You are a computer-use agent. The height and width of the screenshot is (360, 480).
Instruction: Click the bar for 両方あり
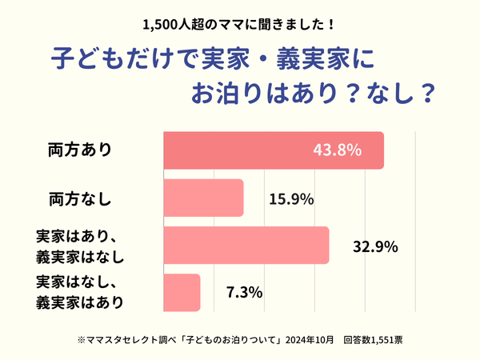[x=272, y=150]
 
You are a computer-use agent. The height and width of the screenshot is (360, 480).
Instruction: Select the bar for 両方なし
[x=203, y=198]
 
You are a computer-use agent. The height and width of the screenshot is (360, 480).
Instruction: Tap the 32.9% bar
[x=246, y=245]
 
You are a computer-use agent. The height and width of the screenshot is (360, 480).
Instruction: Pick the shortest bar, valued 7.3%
[x=182, y=293]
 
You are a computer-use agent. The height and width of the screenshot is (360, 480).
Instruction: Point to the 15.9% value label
[x=292, y=198]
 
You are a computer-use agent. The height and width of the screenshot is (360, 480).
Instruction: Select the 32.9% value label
[x=375, y=246]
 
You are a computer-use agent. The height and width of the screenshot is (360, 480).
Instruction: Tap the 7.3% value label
[x=245, y=293]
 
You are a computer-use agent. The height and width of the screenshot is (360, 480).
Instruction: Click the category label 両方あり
[x=79, y=150]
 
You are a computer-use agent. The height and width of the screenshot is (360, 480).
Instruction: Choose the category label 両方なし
[x=79, y=198]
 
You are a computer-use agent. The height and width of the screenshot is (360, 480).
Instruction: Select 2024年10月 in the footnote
[x=308, y=339]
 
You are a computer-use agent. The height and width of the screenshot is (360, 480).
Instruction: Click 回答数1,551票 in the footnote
[x=373, y=339]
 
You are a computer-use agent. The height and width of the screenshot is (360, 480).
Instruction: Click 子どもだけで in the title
[x=119, y=60]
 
